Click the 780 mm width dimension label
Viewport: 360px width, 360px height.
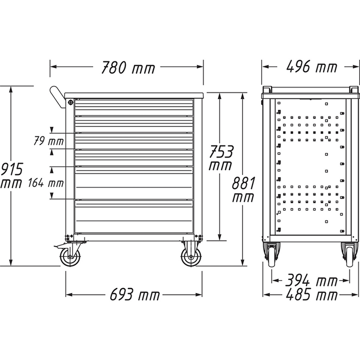coord(127,67)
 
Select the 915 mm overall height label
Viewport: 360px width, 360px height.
coord(11,174)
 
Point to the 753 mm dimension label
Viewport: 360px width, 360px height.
coord(220,157)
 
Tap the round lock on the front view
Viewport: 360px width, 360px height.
coord(70,102)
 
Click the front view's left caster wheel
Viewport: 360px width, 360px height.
coord(69,257)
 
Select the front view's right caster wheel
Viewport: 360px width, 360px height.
coord(190,256)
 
